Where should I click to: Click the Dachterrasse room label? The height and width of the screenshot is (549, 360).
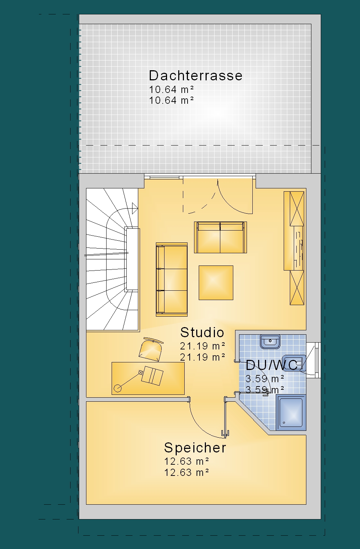pos(195,76)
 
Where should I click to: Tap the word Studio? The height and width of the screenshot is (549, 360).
pos(202,332)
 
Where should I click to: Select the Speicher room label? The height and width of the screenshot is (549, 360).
pos(195,448)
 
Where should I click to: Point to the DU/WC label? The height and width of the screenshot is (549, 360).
pos(272,365)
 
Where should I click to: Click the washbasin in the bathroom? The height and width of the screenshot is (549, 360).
pos(270,342)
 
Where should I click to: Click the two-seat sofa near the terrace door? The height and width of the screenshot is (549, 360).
pos(220,237)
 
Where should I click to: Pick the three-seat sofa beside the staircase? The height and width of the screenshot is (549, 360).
pos(172,280)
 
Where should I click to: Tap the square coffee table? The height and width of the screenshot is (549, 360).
pos(216,282)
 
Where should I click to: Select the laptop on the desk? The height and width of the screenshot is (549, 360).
pos(153,376)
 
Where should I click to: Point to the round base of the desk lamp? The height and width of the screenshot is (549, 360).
pos(118,388)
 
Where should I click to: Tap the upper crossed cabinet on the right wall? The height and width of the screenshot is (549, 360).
pos(297,209)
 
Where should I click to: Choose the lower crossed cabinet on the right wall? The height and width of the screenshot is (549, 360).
pos(297,288)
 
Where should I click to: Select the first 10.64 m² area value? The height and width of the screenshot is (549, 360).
pos(171,89)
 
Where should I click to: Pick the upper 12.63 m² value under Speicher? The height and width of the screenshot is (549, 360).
pos(186,461)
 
